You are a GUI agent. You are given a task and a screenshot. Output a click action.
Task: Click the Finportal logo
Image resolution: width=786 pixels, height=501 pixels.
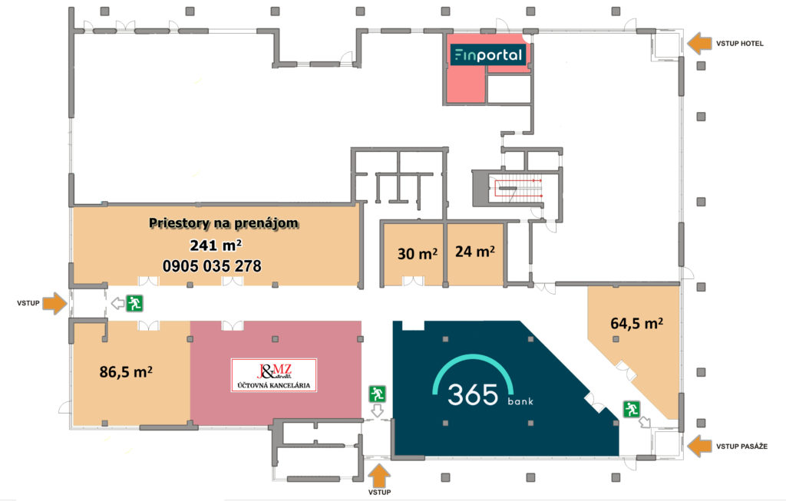[x=487, y=54]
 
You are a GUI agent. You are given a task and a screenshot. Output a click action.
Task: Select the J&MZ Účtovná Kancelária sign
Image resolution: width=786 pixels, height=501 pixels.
[x=274, y=374]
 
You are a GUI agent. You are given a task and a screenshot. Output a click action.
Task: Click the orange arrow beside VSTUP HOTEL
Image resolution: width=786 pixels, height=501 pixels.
[x=698, y=44]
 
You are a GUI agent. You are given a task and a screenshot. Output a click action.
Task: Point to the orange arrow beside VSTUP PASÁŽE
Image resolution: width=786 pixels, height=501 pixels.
[x=698, y=446]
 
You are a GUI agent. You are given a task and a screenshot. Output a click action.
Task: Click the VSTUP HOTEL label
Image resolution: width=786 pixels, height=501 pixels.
[x=739, y=44]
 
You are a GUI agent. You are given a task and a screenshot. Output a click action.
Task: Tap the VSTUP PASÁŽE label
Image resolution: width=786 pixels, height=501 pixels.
[x=741, y=447]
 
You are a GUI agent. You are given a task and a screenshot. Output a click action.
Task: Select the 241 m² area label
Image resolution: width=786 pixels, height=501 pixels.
[x=216, y=245]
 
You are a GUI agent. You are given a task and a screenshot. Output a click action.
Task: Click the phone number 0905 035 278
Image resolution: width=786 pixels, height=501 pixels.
[x=212, y=265]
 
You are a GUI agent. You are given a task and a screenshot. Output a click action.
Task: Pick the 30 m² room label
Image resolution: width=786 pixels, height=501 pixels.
[x=417, y=253]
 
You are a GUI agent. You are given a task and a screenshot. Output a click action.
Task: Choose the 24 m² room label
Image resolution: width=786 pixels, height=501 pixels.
[x=474, y=251]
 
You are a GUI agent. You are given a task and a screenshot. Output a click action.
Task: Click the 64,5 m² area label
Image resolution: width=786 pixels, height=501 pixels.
[x=636, y=323]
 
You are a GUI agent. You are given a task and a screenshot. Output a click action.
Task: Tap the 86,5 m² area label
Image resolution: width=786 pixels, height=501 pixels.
[x=126, y=372]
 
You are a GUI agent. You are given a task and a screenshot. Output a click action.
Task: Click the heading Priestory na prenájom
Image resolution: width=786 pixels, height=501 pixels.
[x=223, y=223]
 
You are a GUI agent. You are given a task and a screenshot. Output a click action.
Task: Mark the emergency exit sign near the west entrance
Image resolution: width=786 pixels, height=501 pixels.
[x=134, y=303]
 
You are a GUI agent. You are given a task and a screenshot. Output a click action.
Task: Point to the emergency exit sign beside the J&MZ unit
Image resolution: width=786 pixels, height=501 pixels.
[x=377, y=394]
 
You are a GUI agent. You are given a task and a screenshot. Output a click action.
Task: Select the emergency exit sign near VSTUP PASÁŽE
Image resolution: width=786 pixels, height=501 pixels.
[x=632, y=409]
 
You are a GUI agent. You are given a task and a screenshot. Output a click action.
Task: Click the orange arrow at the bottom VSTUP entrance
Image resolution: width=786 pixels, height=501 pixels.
[x=379, y=476]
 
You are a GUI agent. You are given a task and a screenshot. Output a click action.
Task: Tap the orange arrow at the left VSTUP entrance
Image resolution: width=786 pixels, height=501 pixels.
[x=54, y=303]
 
